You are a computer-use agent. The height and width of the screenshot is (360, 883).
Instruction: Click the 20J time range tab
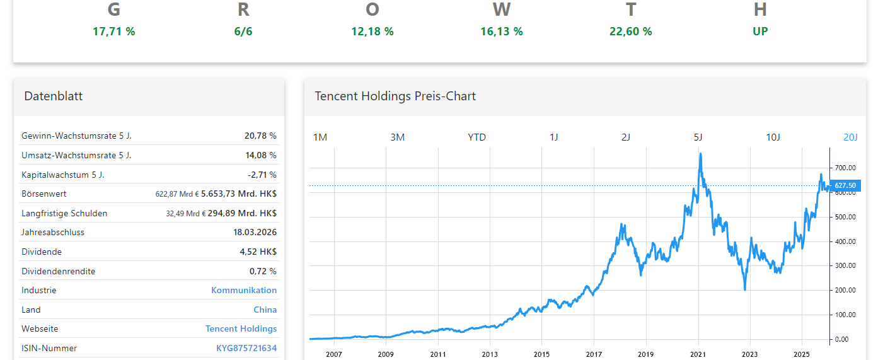850,137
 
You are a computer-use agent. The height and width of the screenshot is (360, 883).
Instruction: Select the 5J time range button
698,137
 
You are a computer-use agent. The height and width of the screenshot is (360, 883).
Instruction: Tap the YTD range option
476,137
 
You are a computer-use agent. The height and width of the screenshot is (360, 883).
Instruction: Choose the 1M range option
320,137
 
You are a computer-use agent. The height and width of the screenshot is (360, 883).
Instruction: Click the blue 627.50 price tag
845,185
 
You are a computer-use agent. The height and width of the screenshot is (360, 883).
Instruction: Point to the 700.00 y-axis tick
845,168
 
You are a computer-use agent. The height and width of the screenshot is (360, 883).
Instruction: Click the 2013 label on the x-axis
490,354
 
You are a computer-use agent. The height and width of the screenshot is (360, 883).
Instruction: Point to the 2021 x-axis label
697,354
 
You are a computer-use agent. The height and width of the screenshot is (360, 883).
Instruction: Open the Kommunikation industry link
244,290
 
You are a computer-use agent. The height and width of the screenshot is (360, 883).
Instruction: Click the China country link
265,310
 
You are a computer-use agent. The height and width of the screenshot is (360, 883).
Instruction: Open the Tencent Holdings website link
241,328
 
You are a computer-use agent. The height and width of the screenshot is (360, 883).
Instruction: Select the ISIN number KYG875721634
246,348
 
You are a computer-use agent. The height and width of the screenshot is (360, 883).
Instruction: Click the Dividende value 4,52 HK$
258,252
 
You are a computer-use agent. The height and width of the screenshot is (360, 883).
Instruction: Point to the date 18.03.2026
255,232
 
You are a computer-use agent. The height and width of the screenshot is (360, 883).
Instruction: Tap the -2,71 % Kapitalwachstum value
262,174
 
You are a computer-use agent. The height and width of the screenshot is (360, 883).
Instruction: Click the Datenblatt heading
54,96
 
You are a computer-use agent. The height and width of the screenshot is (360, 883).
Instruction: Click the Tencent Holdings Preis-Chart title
395,96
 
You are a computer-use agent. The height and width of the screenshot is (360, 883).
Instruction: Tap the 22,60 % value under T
630,32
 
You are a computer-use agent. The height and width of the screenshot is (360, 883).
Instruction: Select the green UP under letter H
760,32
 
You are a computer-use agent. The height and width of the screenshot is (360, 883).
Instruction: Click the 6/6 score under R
243,32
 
